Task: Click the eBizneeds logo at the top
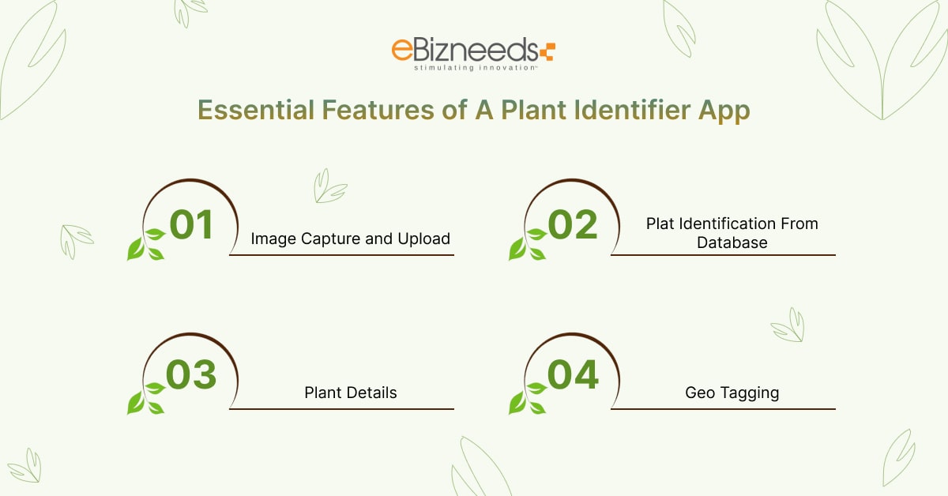click(472, 53)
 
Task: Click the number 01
click(192, 224)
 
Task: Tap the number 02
click(574, 224)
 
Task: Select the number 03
click(192, 375)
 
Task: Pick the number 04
click(574, 375)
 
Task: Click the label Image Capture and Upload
click(351, 239)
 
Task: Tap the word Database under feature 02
click(732, 243)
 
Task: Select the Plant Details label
click(351, 393)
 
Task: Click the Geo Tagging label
click(732, 393)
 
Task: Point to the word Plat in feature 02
click(660, 224)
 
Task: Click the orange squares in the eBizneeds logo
click(547, 52)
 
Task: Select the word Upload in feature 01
click(424, 239)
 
